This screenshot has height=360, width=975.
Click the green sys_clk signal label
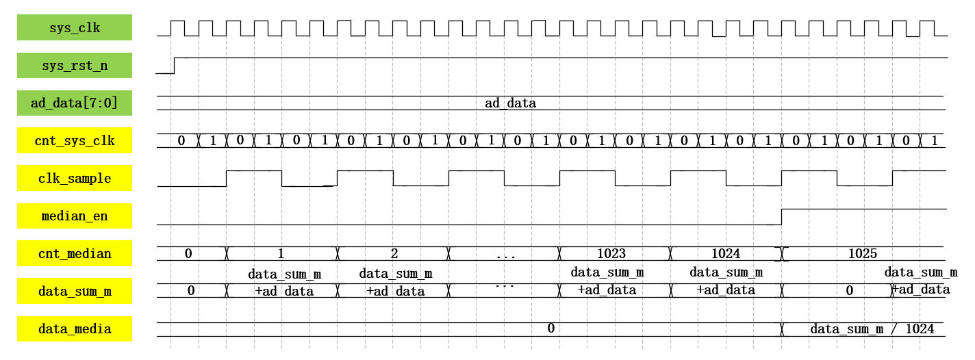pyautogui.click(x=75, y=28)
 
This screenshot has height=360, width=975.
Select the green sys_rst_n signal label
pyautogui.click(x=75, y=66)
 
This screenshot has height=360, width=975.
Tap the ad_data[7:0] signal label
pyautogui.click(x=75, y=103)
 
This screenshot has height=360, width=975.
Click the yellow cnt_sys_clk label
pyautogui.click(x=75, y=142)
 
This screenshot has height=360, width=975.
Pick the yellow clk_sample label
pyautogui.click(x=75, y=179)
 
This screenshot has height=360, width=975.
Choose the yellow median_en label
pyautogui.click(x=75, y=216)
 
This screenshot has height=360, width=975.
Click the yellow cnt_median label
pyautogui.click(x=75, y=254)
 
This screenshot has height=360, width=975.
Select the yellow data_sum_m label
pyautogui.click(x=75, y=292)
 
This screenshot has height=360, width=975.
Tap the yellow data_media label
pyautogui.click(x=75, y=329)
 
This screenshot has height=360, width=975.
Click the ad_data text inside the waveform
pyautogui.click(x=510, y=104)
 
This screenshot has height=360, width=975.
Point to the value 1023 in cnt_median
pyautogui.click(x=611, y=253)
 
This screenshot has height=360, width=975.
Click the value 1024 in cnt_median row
pyautogui.click(x=726, y=253)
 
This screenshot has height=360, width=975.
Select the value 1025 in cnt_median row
pyautogui.click(x=863, y=253)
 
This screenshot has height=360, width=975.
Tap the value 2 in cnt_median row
pyautogui.click(x=394, y=253)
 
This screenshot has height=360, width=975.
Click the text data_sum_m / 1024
pyautogui.click(x=872, y=329)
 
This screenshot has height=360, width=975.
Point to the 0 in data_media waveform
pyautogui.click(x=550, y=329)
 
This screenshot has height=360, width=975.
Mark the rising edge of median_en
pyautogui.click(x=782, y=216)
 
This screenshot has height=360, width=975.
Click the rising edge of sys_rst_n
pyautogui.click(x=175, y=65)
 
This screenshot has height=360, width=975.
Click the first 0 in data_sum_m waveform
pyautogui.click(x=191, y=290)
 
